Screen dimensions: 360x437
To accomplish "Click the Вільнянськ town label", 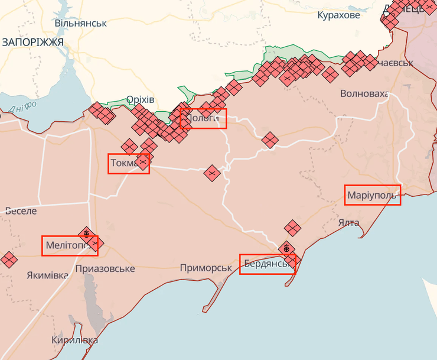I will [81, 23].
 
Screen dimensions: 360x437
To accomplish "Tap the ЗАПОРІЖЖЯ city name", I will [32, 42].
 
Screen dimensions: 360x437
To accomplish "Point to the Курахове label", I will [338, 15].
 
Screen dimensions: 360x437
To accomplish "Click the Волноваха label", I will [364, 94].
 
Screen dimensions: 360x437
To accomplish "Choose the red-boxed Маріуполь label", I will [373, 195].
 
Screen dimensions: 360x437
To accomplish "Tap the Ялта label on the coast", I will [349, 222].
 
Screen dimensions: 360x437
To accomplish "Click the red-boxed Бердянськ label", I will [267, 264].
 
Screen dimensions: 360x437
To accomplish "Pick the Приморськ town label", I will [206, 268].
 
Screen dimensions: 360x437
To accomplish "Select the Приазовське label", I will [105, 269].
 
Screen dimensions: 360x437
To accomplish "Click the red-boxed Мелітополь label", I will [69, 245].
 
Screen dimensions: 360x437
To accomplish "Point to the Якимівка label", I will [47, 275].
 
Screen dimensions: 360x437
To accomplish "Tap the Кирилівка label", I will [74, 340].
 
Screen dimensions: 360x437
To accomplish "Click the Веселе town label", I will [21, 210].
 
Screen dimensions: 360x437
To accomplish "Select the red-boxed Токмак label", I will [128, 163].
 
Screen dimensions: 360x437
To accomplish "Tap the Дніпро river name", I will [22, 107].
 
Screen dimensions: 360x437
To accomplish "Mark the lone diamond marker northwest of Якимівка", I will [8, 259].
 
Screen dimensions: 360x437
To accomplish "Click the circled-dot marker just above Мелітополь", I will [87, 235].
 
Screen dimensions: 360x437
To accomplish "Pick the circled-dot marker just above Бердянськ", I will [287, 249].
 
